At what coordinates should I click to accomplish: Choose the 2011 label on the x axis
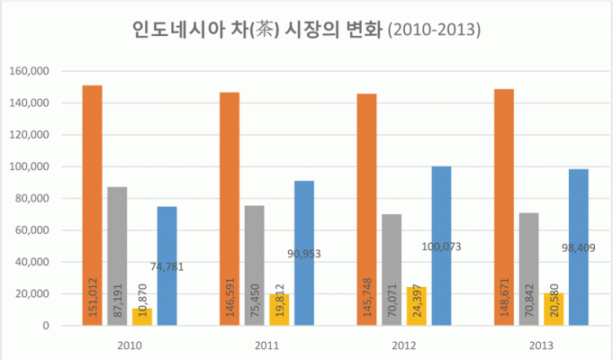(x=266, y=344)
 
